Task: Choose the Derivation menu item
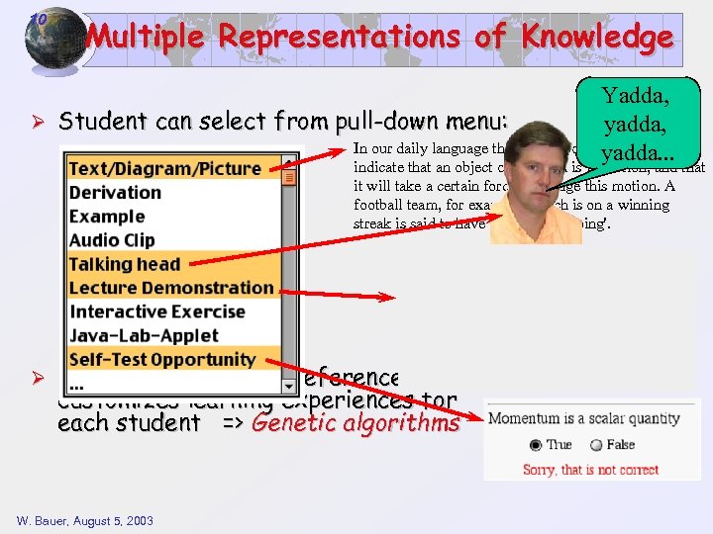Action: pos(115,193)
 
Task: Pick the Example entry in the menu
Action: pos(107,217)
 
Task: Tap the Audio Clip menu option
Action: pos(112,240)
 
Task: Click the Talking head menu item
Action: pos(124,264)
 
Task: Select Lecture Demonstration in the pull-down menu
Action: pos(171,288)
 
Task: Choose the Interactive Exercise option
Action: pos(156,311)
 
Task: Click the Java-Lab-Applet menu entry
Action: pos(144,335)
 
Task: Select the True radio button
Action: pos(536,445)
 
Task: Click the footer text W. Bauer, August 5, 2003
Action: pos(85,520)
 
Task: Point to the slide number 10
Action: pos(37,19)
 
